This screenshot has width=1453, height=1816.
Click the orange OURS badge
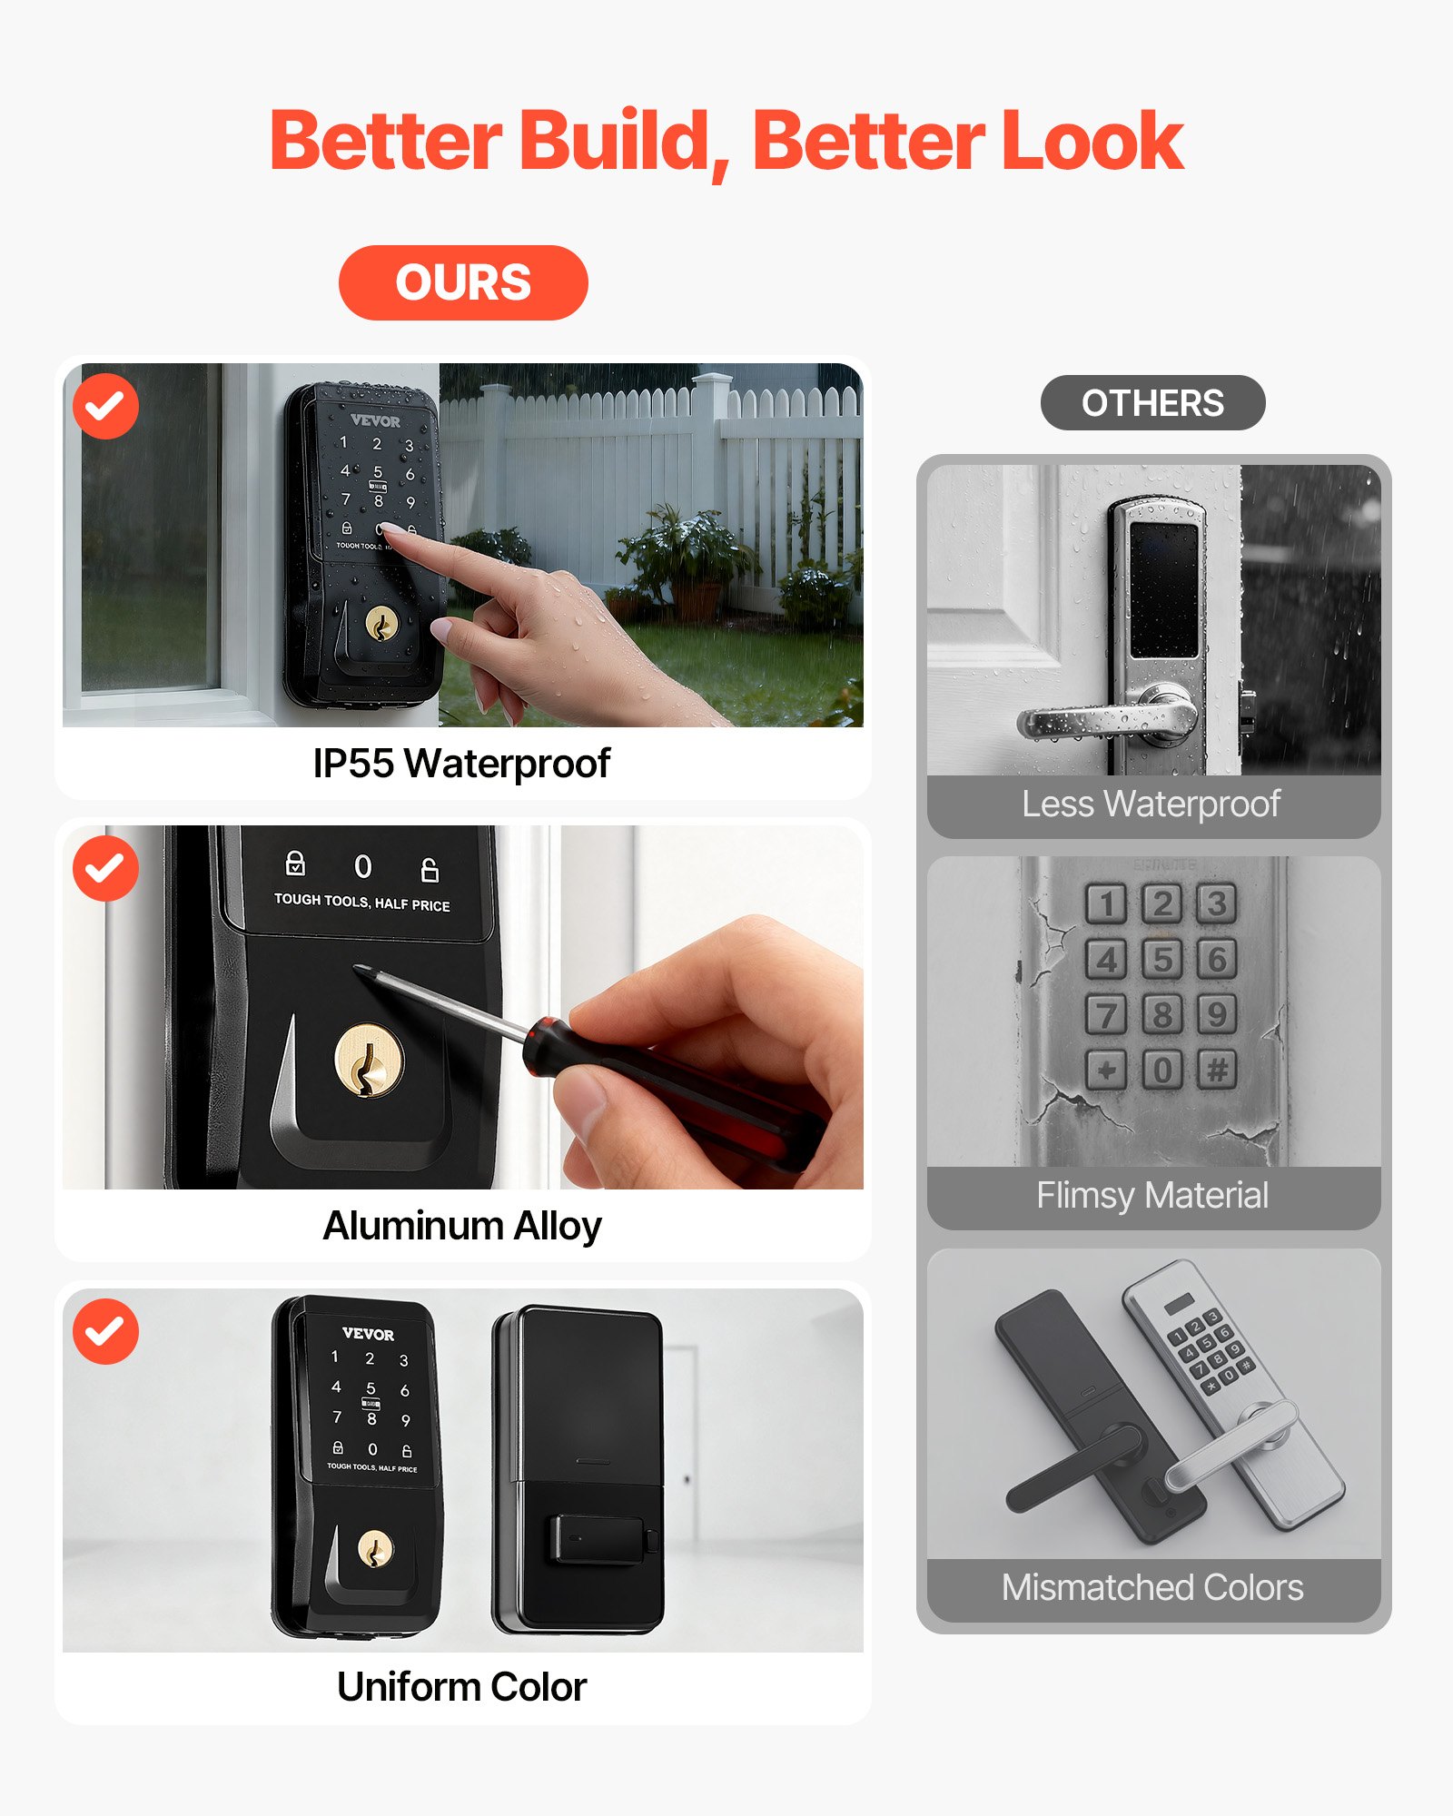(x=463, y=282)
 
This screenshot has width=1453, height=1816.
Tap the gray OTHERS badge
(x=1152, y=402)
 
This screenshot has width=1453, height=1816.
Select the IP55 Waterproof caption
(x=461, y=763)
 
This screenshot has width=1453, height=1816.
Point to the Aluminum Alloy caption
(x=461, y=1225)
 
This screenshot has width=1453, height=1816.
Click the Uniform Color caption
(x=461, y=1687)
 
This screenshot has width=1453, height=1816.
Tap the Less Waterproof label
(x=1151, y=804)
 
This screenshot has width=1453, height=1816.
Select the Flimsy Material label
(x=1152, y=1195)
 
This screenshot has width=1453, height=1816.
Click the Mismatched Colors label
(x=1152, y=1587)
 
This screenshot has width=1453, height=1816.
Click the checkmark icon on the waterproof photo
(x=105, y=406)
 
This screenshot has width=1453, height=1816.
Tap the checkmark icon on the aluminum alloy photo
(x=105, y=869)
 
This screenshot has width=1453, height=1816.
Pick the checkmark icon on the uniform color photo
(x=105, y=1331)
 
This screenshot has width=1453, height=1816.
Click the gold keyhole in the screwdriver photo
(x=369, y=1061)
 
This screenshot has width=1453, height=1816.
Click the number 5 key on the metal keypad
(x=1161, y=959)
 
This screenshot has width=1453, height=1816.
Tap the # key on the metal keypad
(x=1217, y=1069)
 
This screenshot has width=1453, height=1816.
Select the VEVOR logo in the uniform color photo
(x=368, y=1334)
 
